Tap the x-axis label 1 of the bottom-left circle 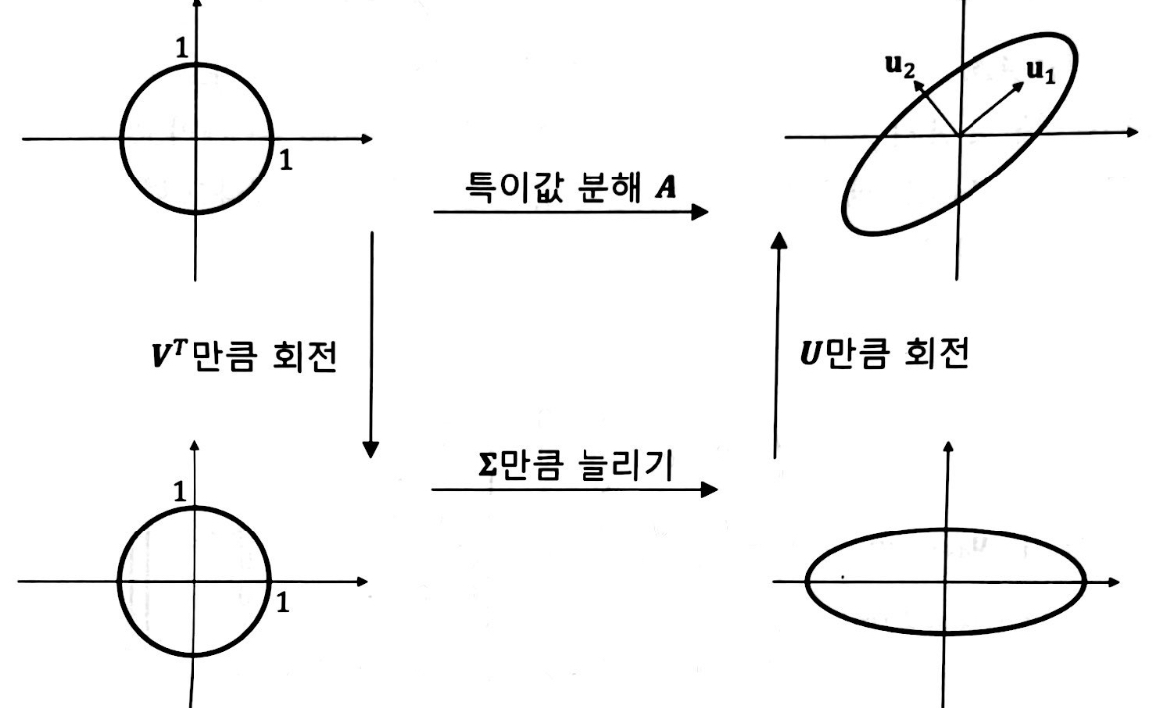coord(284,602)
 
